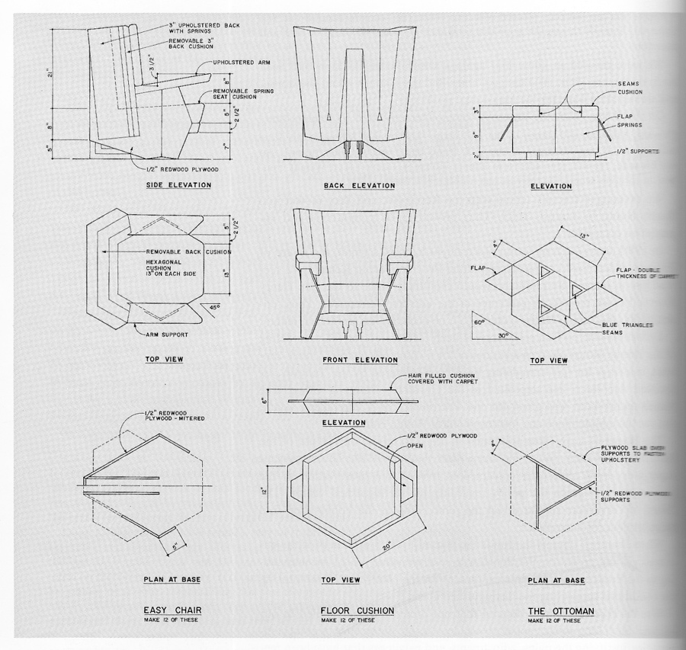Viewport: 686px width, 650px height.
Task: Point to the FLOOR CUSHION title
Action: (357, 610)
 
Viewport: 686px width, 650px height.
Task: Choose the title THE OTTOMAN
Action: (560, 611)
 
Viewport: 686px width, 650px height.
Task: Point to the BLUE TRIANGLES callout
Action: (627, 325)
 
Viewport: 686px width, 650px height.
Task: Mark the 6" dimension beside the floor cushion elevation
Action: (264, 400)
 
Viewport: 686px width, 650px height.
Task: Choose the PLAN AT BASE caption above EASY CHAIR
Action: (171, 580)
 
